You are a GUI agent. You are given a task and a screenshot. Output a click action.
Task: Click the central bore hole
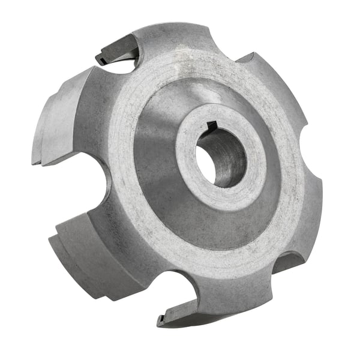pos(220,158)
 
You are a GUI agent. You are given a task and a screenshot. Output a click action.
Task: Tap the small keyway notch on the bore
pos(211,125)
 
